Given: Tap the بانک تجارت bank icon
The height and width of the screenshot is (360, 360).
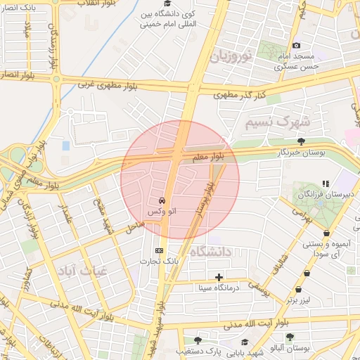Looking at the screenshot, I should pos(159,250).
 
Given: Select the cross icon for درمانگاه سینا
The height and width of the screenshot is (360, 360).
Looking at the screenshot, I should pos(220,277).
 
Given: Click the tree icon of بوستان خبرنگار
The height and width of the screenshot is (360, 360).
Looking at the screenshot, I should pos(301,141).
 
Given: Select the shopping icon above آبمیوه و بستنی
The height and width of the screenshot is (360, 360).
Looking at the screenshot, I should pos(326,233).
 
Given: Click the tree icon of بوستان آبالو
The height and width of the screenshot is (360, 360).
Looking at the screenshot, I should pos(290,337).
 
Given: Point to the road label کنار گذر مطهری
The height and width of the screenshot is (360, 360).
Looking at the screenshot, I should pos(240,93).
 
